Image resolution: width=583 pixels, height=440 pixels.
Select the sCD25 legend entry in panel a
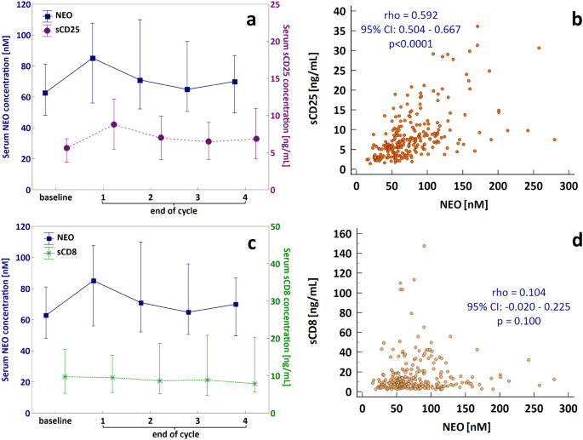tap(62, 31)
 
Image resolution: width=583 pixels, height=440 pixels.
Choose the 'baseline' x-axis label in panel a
tap(56, 198)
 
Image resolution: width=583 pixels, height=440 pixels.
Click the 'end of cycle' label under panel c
tap(175, 434)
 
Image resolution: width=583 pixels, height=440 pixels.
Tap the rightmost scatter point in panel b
tap(554, 140)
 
